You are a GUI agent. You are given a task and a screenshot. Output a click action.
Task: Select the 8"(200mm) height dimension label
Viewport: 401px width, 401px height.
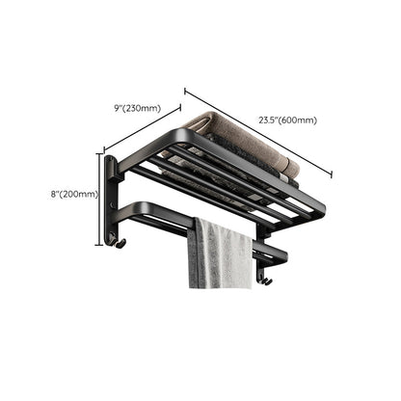74,194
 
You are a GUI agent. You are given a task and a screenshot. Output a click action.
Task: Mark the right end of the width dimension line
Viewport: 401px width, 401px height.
333,175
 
